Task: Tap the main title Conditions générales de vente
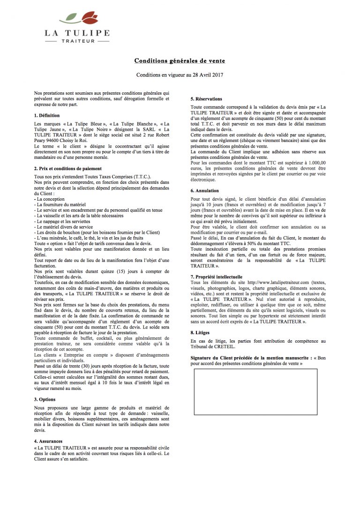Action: (x=180, y=61)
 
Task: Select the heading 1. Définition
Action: (x=47, y=115)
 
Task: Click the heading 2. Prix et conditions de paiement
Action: (x=68, y=168)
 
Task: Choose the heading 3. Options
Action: (x=45, y=399)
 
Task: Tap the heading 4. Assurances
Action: (x=49, y=442)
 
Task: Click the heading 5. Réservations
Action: (x=206, y=99)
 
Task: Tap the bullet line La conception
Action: (x=51, y=199)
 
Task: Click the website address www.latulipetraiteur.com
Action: (x=277, y=283)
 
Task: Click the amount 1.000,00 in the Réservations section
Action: (x=314, y=162)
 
